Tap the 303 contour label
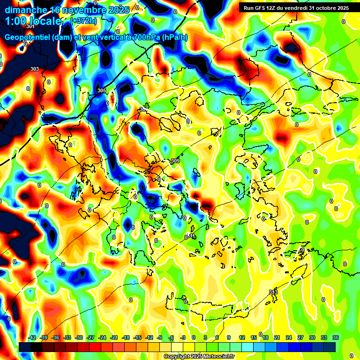click(x=34, y=69)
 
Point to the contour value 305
click(x=102, y=90)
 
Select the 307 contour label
click(x=143, y=109)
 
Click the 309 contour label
click(x=175, y=161)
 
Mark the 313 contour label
click(x=273, y=292)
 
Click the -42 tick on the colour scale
click(x=32, y=337)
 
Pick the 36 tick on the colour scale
click(x=336, y=337)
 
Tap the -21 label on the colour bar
click(x=114, y=337)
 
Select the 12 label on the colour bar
click(x=242, y=337)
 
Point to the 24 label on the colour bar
click(x=289, y=337)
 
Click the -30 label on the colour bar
click(x=79, y=337)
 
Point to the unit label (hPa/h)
click(x=175, y=37)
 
